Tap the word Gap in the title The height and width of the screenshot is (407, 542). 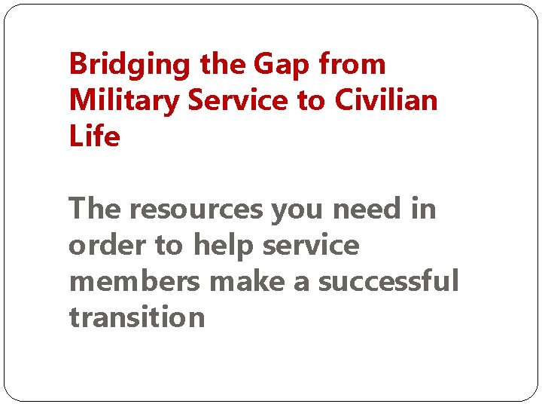(282, 66)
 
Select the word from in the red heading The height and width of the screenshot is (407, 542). (352, 66)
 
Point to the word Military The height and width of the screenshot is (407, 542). (123, 101)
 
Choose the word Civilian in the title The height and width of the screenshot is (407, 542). (384, 101)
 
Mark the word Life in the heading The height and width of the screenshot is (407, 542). (94, 137)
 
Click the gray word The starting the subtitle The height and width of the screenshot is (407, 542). (95, 209)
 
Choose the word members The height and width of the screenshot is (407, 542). (135, 282)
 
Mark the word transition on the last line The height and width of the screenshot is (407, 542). (136, 318)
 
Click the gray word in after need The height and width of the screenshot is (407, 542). (423, 209)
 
